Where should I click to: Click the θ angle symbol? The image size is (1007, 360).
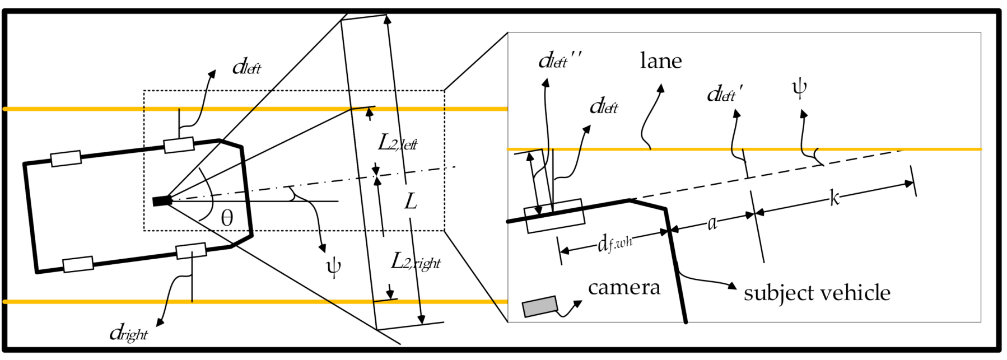point(227,218)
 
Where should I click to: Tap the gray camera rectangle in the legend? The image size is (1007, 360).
point(540,306)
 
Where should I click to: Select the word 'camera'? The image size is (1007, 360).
point(624,288)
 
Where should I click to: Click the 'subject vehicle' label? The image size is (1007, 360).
point(817,293)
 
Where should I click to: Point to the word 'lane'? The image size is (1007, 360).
point(661,60)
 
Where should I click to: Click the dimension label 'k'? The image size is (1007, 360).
point(834,198)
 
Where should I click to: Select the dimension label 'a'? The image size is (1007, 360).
point(712,223)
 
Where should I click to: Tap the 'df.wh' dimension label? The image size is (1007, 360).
point(614,244)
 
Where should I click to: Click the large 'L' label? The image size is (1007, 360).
point(411,201)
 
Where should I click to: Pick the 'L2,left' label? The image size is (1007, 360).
point(398,143)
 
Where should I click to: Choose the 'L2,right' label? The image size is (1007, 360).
point(416,261)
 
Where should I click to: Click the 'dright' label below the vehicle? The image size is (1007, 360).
point(129,334)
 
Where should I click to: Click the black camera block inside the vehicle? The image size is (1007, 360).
point(162,200)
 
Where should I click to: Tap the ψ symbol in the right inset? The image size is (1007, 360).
point(799,88)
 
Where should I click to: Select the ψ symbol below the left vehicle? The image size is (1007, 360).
point(333,267)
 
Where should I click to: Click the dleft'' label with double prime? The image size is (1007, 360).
point(560,60)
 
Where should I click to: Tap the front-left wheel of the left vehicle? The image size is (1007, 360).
point(179,145)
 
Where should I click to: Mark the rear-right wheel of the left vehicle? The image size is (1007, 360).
point(78,264)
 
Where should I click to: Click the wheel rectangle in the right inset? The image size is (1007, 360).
point(554,216)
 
